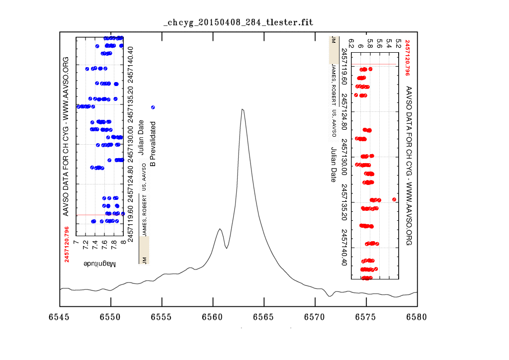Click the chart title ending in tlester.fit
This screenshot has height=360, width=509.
pos(239,23)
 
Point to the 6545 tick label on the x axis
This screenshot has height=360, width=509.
pos(60,317)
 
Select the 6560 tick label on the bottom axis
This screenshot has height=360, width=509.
pos(213,317)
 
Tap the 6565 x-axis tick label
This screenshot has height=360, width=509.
pos(264,317)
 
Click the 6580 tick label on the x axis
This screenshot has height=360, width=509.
pos(417,317)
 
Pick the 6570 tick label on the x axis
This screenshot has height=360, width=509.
pos(315,317)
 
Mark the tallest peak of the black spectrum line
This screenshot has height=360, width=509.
pos(242,109)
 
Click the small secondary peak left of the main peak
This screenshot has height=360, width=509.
pos(220,229)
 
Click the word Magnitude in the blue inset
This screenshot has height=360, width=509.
pos(99,263)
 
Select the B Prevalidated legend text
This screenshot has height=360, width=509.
pos(153,145)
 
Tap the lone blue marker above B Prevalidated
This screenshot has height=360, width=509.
pos(153,107)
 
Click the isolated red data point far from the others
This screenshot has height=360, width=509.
pos(394,199)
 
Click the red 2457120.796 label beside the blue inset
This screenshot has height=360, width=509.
pos(67,244)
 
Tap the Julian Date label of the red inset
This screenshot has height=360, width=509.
pos(333,164)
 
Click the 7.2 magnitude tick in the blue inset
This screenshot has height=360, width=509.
pos(85,245)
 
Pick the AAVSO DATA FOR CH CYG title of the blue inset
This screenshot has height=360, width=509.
pos(65,136)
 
